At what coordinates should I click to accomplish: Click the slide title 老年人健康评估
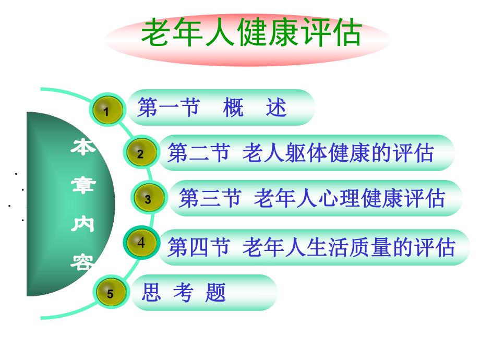tap(251, 33)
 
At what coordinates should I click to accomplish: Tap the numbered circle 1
tap(107, 111)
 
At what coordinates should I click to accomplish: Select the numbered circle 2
tap(140, 154)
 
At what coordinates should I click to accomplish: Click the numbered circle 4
tap(141, 243)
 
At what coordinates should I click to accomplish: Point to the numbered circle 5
tap(110, 293)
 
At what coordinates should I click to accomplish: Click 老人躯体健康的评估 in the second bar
tap(339, 153)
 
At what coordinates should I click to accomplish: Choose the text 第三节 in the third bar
tap(209, 199)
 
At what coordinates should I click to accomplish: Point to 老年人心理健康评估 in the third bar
tap(350, 199)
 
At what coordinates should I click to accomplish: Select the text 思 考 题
tap(184, 293)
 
